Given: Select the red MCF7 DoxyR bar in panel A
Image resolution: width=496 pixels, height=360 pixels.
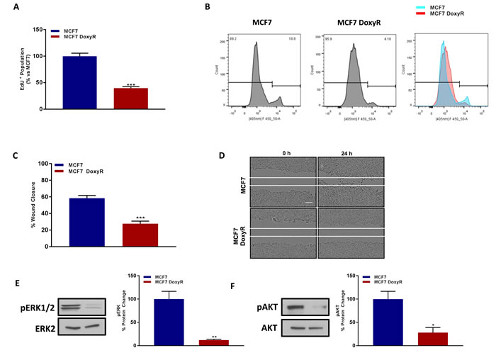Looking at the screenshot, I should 130,99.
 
